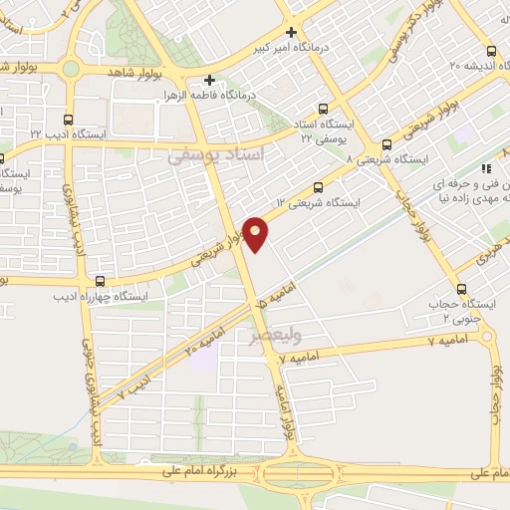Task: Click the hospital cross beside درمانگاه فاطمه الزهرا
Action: pyautogui.click(x=208, y=80)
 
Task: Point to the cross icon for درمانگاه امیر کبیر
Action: pyautogui.click(x=291, y=31)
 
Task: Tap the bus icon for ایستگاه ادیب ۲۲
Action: pyautogui.click(x=67, y=119)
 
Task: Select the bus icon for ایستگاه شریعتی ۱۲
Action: pyautogui.click(x=319, y=186)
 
